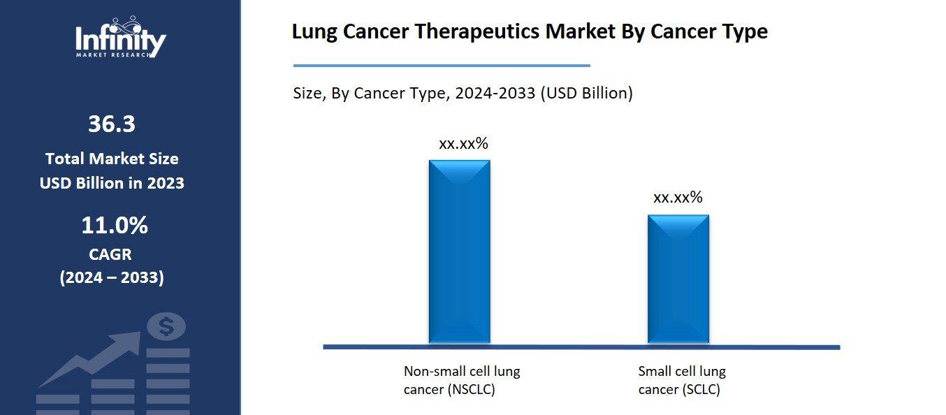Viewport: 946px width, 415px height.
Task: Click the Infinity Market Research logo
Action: (120, 38)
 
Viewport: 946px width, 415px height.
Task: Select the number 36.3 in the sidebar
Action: (112, 124)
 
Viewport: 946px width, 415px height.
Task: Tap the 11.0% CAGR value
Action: (115, 226)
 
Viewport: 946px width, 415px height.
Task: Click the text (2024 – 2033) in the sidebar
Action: (112, 277)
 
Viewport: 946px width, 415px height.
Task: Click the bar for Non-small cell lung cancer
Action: (459, 252)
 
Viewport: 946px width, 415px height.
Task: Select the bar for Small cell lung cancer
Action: (678, 279)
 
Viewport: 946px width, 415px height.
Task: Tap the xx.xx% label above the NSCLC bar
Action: (463, 144)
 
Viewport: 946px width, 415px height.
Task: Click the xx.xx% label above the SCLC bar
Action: (678, 198)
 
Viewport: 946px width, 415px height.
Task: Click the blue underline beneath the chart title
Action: (442, 66)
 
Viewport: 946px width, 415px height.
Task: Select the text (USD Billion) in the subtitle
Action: (587, 93)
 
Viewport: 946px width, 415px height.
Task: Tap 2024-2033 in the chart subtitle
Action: (495, 93)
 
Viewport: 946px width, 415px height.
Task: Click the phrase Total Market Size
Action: (112, 159)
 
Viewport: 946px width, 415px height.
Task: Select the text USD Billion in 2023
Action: (112, 183)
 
